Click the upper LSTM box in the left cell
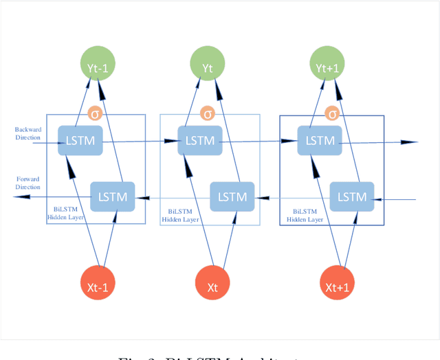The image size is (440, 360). [81, 141]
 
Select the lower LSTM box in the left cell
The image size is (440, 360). [113, 196]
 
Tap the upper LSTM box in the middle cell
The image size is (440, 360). [200, 141]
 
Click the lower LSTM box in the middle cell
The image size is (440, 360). [232, 196]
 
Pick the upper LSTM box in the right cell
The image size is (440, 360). [319, 141]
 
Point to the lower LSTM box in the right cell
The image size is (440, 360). [352, 196]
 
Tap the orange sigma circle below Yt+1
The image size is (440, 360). [332, 114]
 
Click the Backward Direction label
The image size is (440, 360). [27, 133]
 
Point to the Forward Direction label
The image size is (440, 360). [28, 183]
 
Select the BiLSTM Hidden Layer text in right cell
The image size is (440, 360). [304, 216]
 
